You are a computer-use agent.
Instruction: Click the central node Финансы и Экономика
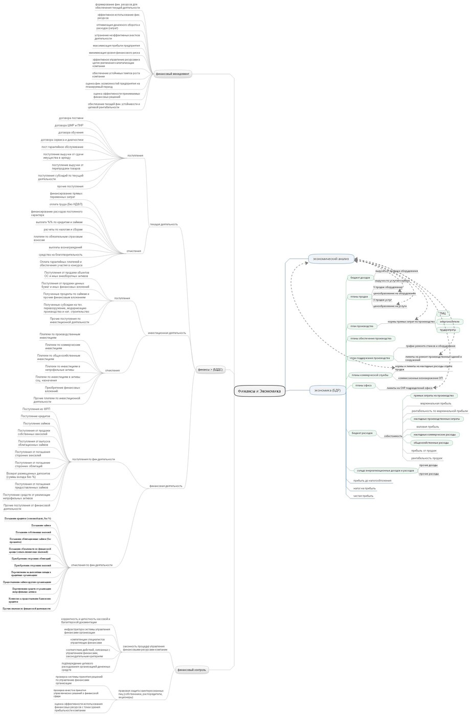[259, 391]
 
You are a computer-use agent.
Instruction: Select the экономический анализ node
[331, 259]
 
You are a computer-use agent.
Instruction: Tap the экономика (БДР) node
[327, 391]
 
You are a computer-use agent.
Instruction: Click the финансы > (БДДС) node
[210, 369]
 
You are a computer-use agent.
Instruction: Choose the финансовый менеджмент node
[173, 74]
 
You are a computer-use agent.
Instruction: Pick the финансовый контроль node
[192, 670]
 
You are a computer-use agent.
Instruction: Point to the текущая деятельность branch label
[164, 224]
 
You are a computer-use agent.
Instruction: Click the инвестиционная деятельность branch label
[167, 333]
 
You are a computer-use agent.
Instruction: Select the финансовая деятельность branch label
[166, 486]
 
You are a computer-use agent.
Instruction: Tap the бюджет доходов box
[360, 278]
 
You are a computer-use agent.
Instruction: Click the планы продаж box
[359, 297]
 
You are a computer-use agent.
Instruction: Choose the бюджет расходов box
[362, 433]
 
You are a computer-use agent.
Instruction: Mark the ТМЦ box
[443, 314]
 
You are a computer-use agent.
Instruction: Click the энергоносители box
[450, 322]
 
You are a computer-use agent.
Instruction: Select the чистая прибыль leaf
[363, 496]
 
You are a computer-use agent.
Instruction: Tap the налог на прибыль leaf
[364, 488]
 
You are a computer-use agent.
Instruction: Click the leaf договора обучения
[71, 132]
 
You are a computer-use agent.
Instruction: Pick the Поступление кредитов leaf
[35, 416]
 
